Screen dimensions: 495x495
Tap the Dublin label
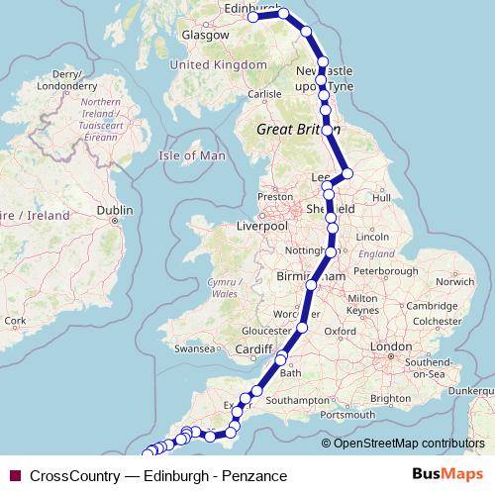tap(115, 210)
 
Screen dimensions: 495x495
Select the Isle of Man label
tap(192, 155)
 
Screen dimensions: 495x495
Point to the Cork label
tap(14, 320)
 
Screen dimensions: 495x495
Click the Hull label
tap(381, 198)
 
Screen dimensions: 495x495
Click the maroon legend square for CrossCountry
tap(15, 476)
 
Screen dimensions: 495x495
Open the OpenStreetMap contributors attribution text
tap(409, 443)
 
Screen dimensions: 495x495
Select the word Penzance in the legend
tap(255, 476)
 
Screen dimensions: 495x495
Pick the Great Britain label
tap(296, 130)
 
